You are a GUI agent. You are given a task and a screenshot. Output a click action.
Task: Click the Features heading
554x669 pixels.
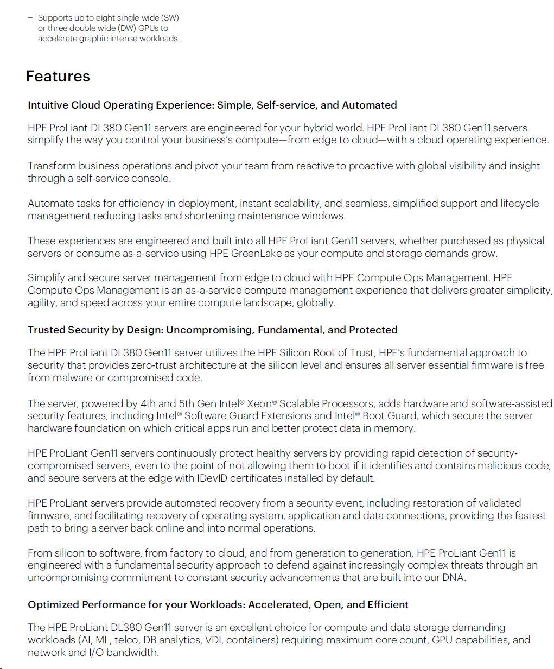pyautogui.click(x=58, y=77)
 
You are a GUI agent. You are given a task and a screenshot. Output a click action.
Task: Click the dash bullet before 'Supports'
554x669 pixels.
pyautogui.click(x=30, y=18)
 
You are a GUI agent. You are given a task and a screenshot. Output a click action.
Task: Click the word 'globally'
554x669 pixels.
pyautogui.click(x=315, y=302)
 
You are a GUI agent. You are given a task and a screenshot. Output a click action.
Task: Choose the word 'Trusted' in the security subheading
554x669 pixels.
pyautogui.click(x=47, y=330)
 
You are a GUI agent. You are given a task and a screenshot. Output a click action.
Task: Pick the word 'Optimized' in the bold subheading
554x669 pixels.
pyautogui.click(x=53, y=604)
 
